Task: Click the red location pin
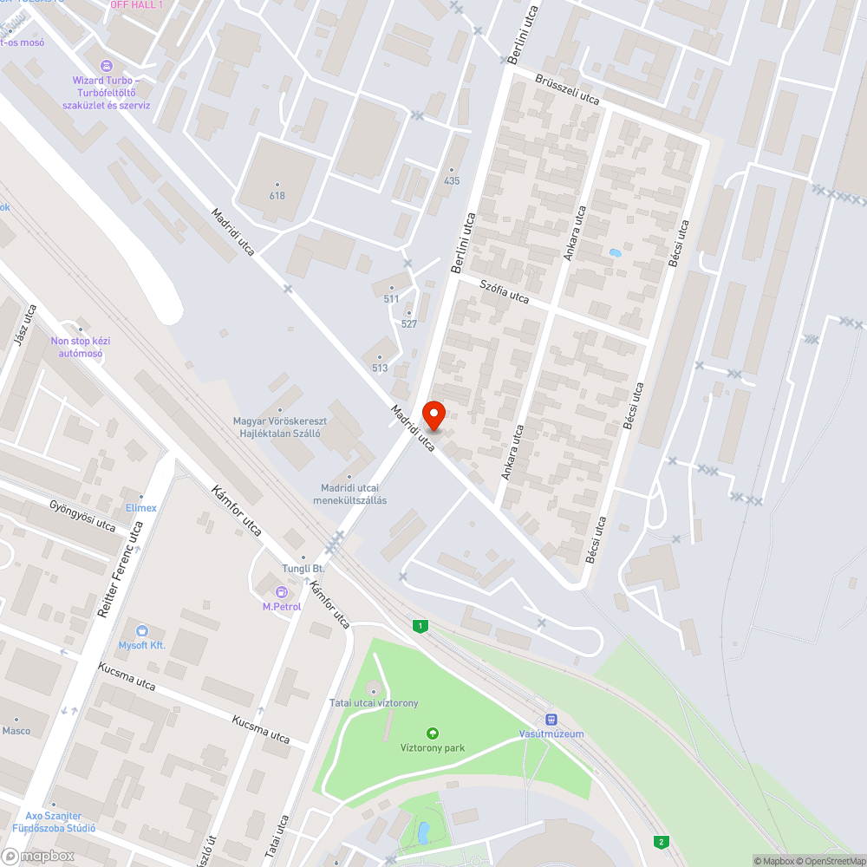433,415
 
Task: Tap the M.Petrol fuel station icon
282,592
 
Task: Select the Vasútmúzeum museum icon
551,720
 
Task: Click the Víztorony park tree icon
433,733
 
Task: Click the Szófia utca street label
505,291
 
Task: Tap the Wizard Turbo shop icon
107,66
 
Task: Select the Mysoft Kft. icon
142,631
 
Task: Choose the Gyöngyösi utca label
82,515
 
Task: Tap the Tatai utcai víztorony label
374,702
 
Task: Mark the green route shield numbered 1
420,626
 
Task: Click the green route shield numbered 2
662,842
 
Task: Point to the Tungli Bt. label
303,568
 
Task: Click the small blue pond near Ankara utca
615,253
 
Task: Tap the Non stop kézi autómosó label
81,347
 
